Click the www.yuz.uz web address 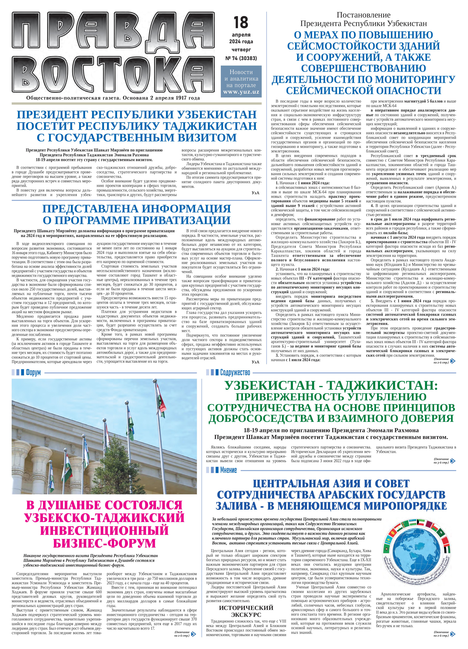coord(241,92)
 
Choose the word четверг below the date coord(241,50)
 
